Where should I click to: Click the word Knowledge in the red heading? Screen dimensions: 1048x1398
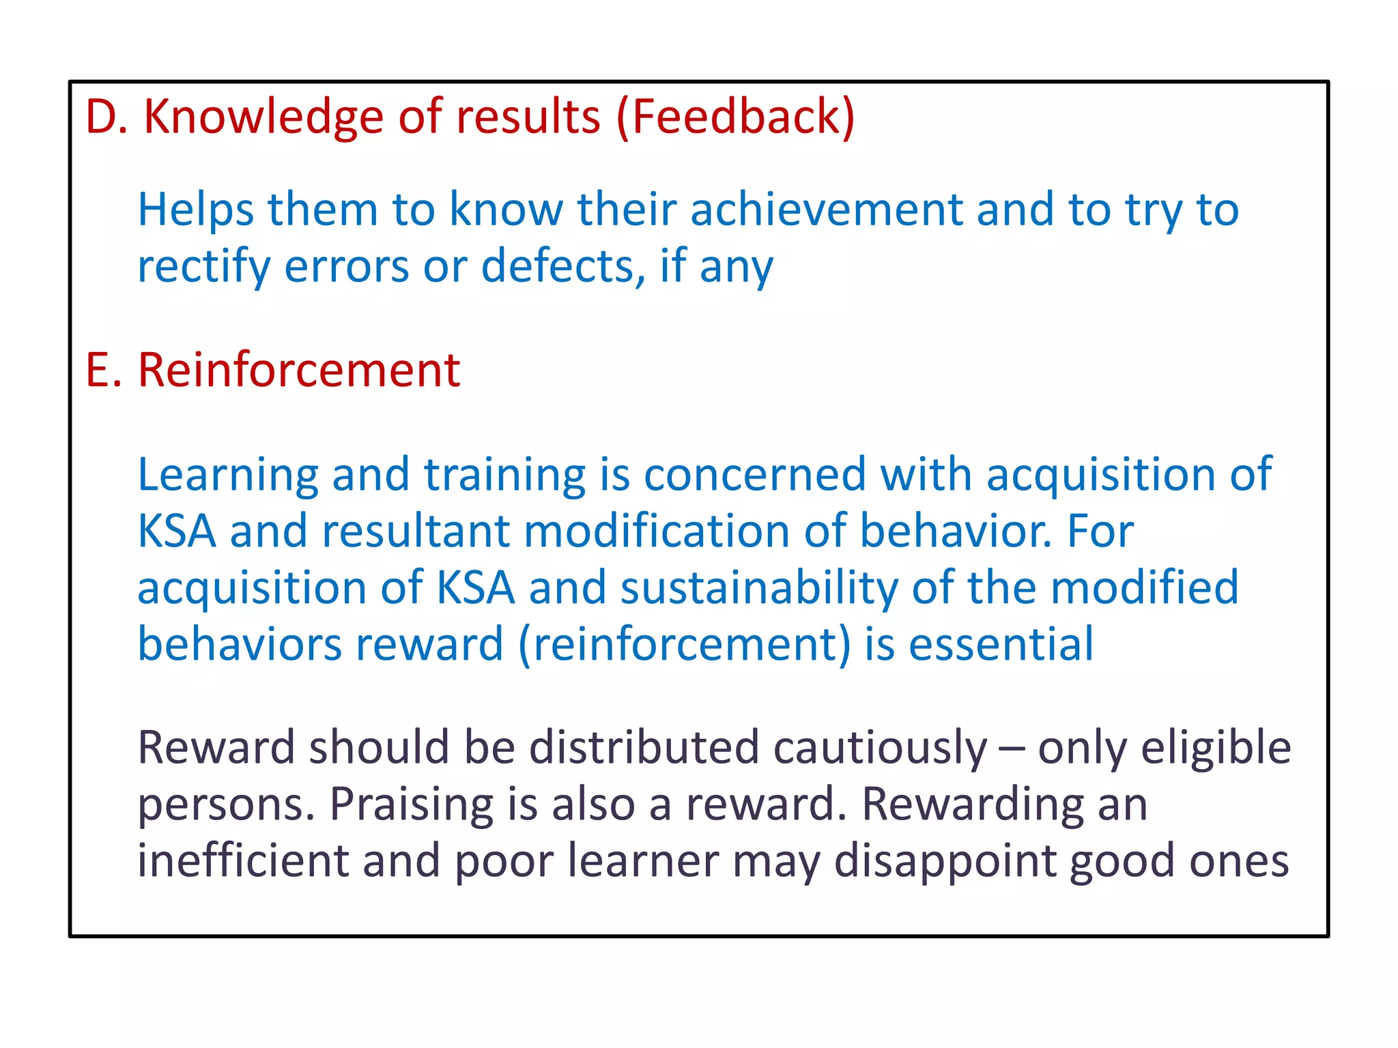click(x=263, y=117)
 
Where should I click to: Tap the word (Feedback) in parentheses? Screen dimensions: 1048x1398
click(x=735, y=117)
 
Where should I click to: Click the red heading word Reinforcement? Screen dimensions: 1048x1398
click(x=299, y=370)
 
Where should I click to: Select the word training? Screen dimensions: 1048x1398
click(x=504, y=475)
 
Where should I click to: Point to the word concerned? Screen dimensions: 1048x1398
click(x=754, y=475)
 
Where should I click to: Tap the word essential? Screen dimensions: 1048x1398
click(x=1001, y=644)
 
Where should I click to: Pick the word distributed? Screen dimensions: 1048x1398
click(x=644, y=747)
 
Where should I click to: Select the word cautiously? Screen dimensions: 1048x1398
click(x=880, y=748)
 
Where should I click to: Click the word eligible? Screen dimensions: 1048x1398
click(x=1216, y=748)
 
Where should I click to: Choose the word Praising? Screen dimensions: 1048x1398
click(x=412, y=804)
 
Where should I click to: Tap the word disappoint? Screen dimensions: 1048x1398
click(x=944, y=862)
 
